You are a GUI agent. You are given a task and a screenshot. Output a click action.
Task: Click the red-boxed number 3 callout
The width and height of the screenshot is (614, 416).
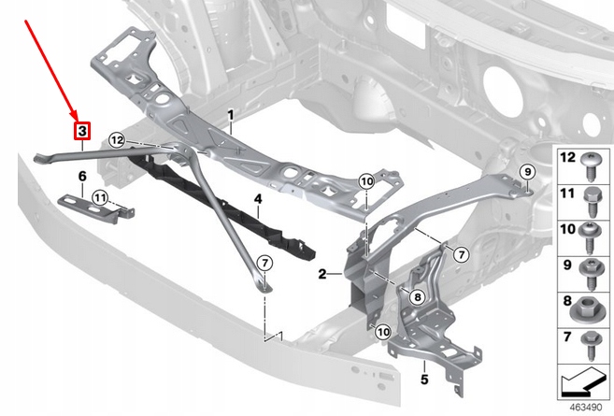(x=82, y=131)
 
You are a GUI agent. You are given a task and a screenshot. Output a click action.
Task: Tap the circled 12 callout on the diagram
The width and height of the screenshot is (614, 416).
(x=116, y=139)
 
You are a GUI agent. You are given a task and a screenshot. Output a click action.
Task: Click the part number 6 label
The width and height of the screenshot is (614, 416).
(x=82, y=176)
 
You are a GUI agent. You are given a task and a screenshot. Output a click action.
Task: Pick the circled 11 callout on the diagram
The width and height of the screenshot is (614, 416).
(x=100, y=196)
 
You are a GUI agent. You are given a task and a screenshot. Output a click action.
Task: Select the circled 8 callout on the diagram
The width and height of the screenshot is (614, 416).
(x=417, y=296)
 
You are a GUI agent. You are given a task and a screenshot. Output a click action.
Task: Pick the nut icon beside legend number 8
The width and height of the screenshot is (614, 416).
(x=593, y=306)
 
